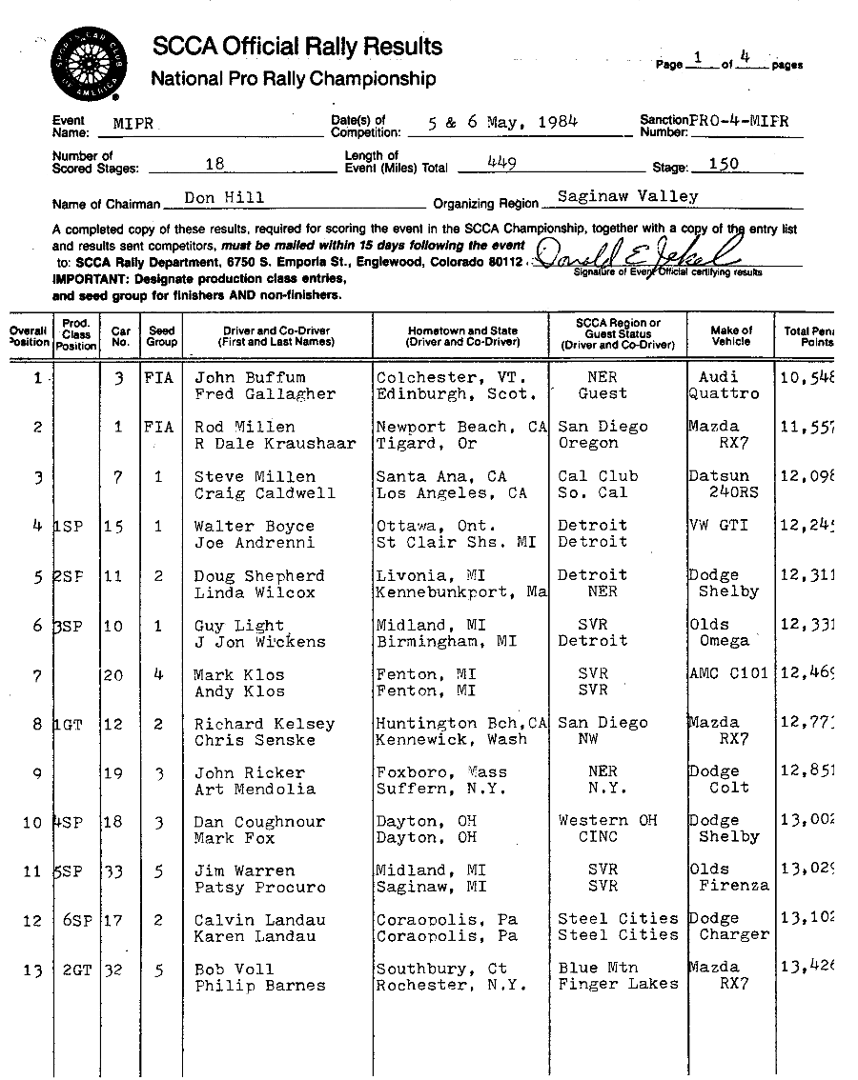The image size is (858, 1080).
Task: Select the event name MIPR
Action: click(x=133, y=124)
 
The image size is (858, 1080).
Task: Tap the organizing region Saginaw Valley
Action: click(x=627, y=197)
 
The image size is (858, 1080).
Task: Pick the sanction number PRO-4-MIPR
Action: click(x=739, y=121)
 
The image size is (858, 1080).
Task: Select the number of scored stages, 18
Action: click(x=214, y=164)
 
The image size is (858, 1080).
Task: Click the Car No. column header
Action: click(x=121, y=336)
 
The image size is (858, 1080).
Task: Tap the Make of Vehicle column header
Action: click(x=731, y=336)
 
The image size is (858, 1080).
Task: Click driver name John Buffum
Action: click(x=250, y=378)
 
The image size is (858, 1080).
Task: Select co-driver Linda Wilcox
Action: click(x=255, y=592)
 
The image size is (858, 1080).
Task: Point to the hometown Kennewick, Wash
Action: click(x=452, y=740)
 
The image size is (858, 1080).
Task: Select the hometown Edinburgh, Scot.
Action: click(x=452, y=394)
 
